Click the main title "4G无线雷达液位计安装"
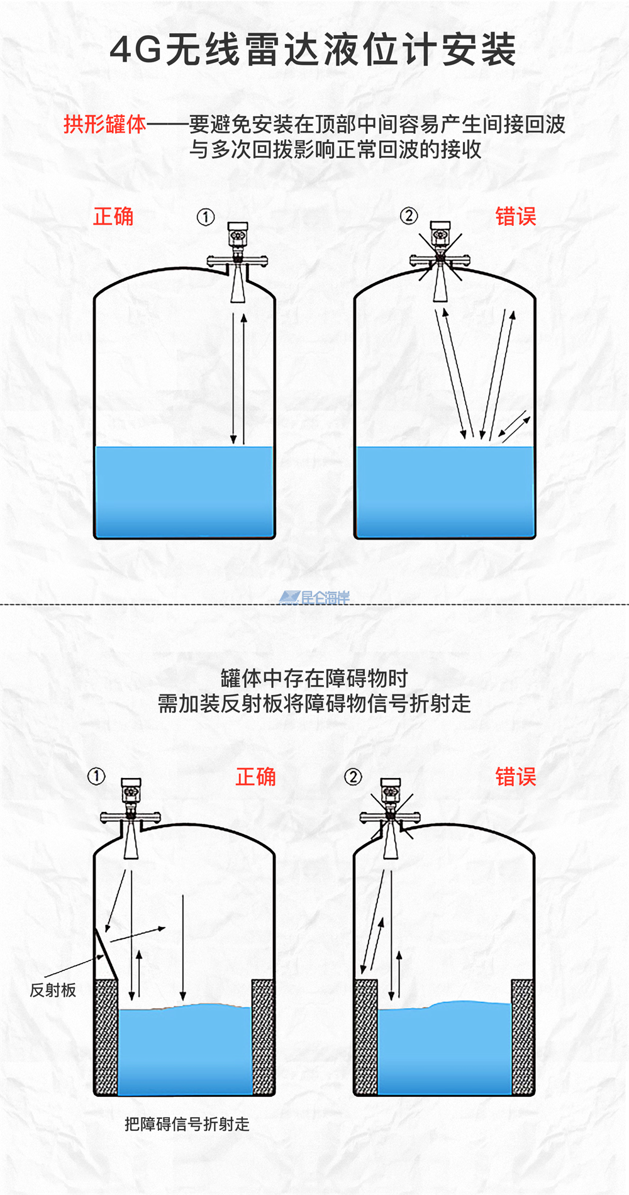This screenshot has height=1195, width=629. [313, 50]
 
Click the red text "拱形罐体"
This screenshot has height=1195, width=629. [105, 124]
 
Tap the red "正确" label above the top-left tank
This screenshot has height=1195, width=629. [113, 216]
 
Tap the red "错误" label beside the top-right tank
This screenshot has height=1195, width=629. [516, 216]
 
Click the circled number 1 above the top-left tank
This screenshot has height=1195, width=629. [206, 217]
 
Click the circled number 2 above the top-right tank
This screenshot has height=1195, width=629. [409, 216]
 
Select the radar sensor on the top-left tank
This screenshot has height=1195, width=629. [238, 261]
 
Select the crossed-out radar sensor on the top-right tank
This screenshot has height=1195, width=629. [440, 260]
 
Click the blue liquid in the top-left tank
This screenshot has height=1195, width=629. [184, 492]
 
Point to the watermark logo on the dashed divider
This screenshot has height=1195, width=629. [314, 597]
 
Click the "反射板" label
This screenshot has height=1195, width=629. [53, 990]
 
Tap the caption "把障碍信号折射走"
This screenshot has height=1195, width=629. [187, 1124]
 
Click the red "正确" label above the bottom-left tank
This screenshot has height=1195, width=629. [256, 777]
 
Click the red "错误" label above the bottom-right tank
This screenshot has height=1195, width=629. [516, 777]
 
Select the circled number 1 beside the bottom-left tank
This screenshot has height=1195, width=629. [96, 777]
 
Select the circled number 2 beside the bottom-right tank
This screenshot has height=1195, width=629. [353, 777]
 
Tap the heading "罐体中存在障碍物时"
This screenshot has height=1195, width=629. [314, 678]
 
